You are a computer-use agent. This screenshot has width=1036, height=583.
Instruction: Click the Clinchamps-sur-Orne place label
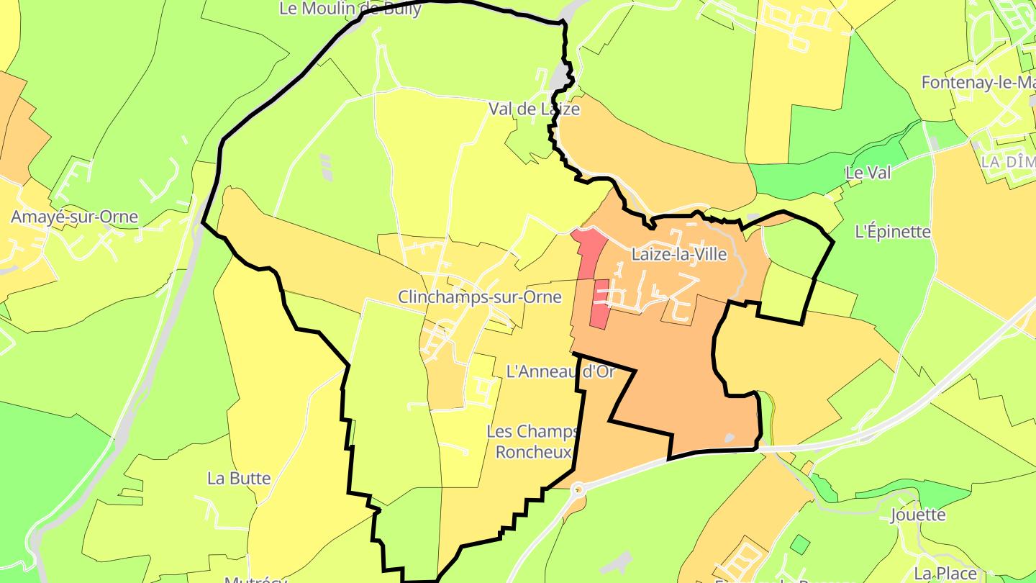(480, 297)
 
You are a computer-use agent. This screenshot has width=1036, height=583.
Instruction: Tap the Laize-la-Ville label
(678, 255)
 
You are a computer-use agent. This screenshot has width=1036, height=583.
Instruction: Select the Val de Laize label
(534, 109)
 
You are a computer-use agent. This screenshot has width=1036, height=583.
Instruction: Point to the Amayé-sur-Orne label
(74, 217)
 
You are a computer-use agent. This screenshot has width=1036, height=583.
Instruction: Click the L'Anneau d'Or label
(561, 371)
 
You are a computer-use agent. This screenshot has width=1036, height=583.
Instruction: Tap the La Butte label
(239, 478)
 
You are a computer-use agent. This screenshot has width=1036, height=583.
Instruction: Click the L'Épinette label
(893, 232)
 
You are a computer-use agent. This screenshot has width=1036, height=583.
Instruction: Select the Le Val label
(868, 173)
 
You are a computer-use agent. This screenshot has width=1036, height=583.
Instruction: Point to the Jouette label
(918, 515)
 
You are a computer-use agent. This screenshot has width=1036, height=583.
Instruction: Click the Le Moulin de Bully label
(350, 9)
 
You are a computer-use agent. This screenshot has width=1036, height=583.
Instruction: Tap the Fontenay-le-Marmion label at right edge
(978, 83)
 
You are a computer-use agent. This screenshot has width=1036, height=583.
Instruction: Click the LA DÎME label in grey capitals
(1008, 162)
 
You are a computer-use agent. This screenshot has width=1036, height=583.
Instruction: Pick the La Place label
(945, 574)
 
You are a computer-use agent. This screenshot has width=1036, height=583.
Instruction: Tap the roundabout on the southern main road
(578, 489)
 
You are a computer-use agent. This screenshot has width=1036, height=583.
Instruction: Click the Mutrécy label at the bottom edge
(255, 579)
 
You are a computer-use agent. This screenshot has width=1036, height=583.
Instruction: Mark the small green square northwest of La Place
(799, 544)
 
